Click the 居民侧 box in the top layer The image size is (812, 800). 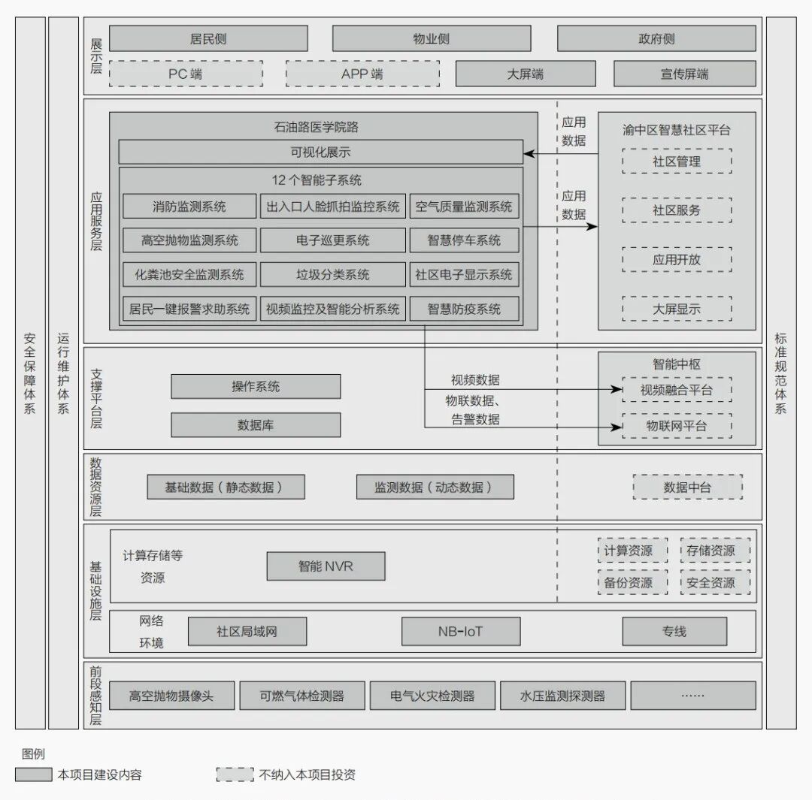pyautogui.click(x=208, y=38)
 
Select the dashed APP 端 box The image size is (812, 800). pyautogui.click(x=362, y=74)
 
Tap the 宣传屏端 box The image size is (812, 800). pyautogui.click(x=684, y=74)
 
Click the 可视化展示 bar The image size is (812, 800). pyautogui.click(x=320, y=152)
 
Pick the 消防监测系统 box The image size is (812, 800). pyautogui.click(x=189, y=207)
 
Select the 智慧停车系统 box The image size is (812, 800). pyautogui.click(x=464, y=240)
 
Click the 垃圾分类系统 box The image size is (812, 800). pyautogui.click(x=332, y=274)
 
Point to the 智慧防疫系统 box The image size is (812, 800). pyautogui.click(x=464, y=309)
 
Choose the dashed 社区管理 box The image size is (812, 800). pyautogui.click(x=677, y=162)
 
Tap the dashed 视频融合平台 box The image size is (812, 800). pyautogui.click(x=677, y=390)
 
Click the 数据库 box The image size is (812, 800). pyautogui.click(x=256, y=425)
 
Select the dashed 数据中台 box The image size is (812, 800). pyautogui.click(x=687, y=488)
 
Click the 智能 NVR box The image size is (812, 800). pyautogui.click(x=326, y=566)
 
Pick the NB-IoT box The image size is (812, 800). pyautogui.click(x=460, y=632)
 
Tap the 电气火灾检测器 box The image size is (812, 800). pyautogui.click(x=432, y=696)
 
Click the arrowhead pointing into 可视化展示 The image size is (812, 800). pyautogui.click(x=529, y=154)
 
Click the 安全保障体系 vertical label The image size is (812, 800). pyautogui.click(x=30, y=373)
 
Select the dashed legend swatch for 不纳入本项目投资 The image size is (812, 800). pyautogui.click(x=235, y=774)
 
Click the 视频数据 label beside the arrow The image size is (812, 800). pyautogui.click(x=475, y=380)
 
